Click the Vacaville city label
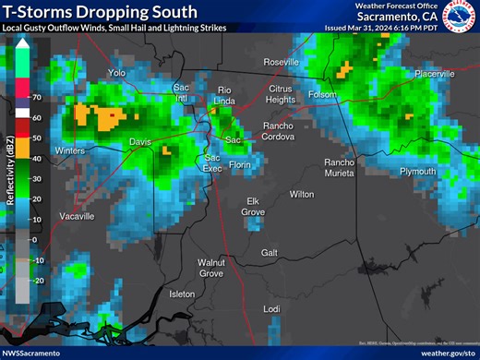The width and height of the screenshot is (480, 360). click(77, 216)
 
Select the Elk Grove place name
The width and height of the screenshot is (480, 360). click(255, 206)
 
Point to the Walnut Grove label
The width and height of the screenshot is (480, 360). click(211, 268)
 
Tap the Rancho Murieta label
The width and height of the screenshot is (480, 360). click(339, 168)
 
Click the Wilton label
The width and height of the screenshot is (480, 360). click(302, 194)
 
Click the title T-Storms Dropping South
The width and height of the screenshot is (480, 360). click(100, 12)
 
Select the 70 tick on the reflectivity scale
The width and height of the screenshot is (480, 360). click(37, 97)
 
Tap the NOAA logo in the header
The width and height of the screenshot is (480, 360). click(460, 16)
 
